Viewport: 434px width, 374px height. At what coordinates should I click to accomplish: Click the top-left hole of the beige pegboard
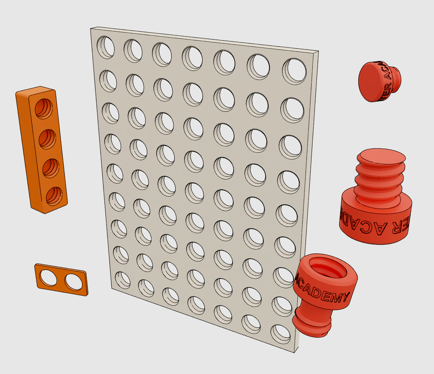point(106,47)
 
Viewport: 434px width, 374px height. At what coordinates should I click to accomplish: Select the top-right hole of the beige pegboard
point(294,71)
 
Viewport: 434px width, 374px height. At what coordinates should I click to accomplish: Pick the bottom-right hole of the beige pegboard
point(280,334)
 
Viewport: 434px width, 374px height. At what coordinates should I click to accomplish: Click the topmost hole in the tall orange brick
point(44,108)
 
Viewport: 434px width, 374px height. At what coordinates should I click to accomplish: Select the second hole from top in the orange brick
point(47,139)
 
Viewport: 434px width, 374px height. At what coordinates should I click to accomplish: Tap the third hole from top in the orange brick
point(51,168)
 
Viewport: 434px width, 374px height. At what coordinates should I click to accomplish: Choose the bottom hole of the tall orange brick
point(54,196)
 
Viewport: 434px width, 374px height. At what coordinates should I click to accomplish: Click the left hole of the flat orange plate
point(49,278)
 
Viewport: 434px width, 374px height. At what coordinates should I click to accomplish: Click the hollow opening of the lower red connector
point(327,267)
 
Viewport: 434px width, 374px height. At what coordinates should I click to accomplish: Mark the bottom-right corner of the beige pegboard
point(295,352)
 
